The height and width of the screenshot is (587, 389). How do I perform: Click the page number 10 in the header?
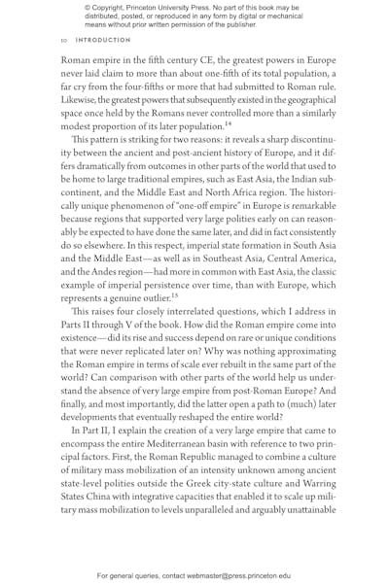coord(63,40)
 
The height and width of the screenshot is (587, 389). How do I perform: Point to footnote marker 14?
coord(230,124)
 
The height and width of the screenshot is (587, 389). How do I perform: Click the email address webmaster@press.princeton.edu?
coord(230,574)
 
